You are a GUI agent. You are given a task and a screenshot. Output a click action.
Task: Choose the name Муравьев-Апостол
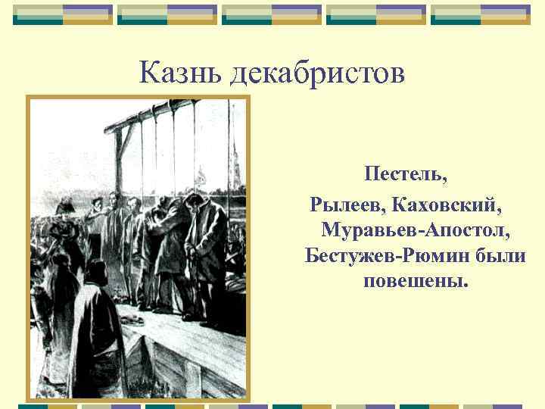416,228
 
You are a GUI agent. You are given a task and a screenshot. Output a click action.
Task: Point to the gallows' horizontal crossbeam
174,108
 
